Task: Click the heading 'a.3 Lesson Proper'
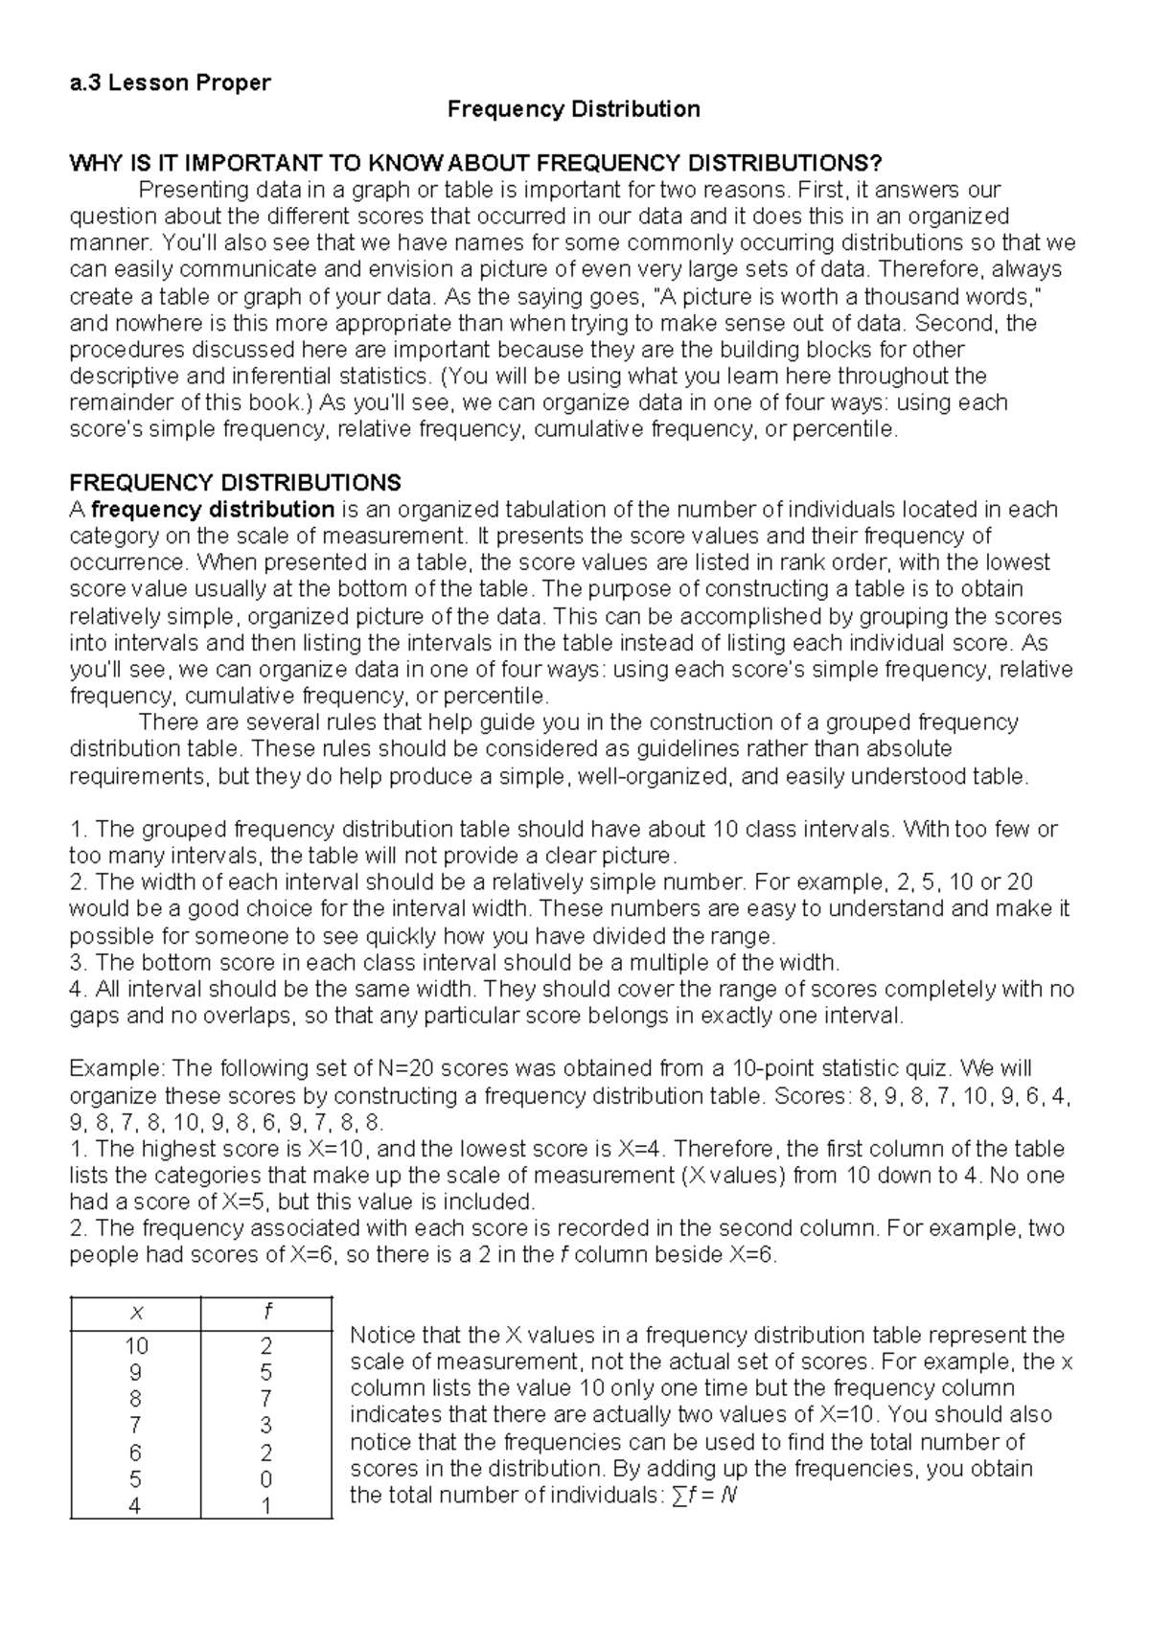[x=170, y=82]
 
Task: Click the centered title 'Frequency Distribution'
[x=574, y=109]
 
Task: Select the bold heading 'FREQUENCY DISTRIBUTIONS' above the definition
[x=236, y=482]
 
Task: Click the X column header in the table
[x=134, y=1312]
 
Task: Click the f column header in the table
[x=265, y=1312]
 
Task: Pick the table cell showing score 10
[x=135, y=1346]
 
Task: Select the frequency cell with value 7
[x=266, y=1399]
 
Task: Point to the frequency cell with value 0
[x=266, y=1479]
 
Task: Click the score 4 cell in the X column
[x=135, y=1506]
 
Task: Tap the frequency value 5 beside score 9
[x=266, y=1372]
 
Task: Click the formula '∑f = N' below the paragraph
[x=704, y=1495]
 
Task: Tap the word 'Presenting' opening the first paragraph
[x=186, y=190]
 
